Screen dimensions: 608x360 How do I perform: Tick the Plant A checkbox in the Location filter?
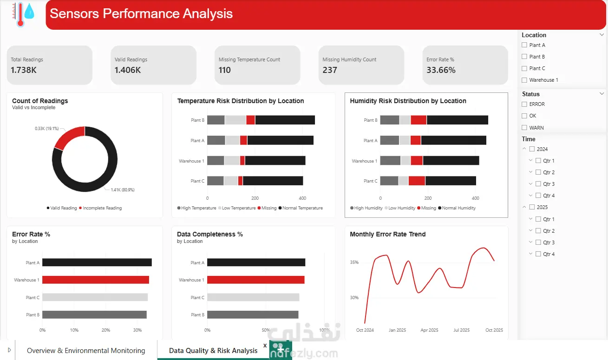click(x=524, y=45)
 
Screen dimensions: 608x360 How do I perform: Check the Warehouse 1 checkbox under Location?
click(x=524, y=80)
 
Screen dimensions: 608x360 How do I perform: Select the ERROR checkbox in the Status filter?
click(x=524, y=104)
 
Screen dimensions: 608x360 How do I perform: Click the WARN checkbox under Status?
click(x=524, y=128)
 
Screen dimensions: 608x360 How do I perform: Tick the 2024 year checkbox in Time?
click(x=532, y=149)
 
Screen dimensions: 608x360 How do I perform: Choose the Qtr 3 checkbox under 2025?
click(x=538, y=242)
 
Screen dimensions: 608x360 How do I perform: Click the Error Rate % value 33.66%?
click(x=441, y=70)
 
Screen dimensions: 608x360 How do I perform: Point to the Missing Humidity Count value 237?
click(x=329, y=70)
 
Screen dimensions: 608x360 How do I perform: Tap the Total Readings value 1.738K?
click(x=24, y=70)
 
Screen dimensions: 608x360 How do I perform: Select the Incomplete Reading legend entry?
click(x=100, y=208)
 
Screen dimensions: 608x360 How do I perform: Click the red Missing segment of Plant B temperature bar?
click(x=250, y=120)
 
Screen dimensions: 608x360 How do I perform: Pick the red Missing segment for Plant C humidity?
click(x=417, y=181)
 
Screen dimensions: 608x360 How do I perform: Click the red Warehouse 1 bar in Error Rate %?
click(x=96, y=280)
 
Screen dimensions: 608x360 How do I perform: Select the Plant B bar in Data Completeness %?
click(x=253, y=314)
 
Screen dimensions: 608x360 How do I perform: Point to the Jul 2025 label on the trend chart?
click(x=461, y=330)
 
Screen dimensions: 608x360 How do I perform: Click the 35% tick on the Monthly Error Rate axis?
click(x=354, y=262)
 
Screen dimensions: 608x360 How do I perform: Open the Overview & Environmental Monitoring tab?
click(x=86, y=351)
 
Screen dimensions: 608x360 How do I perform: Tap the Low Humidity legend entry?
click(x=400, y=208)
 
